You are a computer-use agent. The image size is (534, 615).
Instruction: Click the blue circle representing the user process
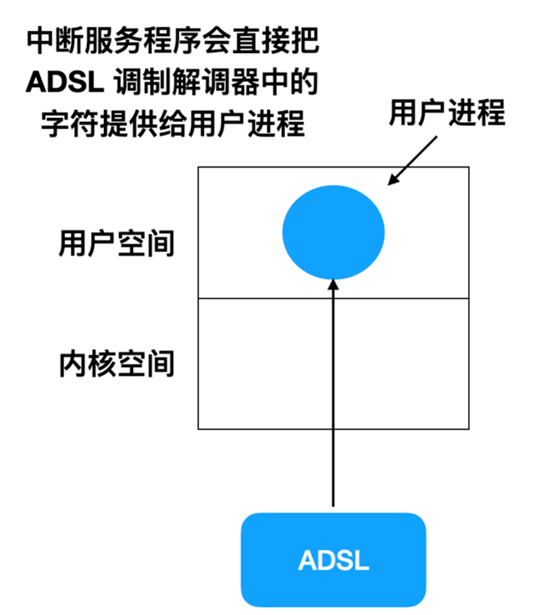click(x=334, y=231)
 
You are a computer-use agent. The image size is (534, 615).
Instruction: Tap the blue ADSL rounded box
click(x=334, y=560)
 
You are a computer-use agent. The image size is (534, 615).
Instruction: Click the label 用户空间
click(x=117, y=243)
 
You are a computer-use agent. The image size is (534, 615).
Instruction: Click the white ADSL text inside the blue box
click(x=334, y=561)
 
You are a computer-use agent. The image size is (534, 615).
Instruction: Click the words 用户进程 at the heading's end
click(x=252, y=126)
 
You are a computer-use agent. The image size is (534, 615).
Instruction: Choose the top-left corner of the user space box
click(x=198, y=167)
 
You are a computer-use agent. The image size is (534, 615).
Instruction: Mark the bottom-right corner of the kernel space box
click(x=469, y=429)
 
